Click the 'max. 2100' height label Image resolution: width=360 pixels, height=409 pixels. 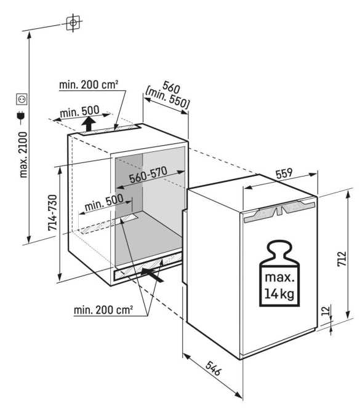click(23, 154)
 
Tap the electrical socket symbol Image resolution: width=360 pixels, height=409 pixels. click(22, 100)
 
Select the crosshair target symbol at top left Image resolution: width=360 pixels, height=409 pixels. click(73, 23)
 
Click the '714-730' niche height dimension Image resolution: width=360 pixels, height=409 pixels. click(52, 213)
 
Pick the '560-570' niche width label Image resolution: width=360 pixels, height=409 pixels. click(148, 175)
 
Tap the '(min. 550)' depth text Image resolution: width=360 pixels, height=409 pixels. click(167, 98)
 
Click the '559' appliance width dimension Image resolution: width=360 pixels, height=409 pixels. click(284, 173)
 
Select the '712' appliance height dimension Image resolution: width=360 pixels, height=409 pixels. click(342, 258)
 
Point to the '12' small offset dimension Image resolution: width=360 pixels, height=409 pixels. click(326, 311)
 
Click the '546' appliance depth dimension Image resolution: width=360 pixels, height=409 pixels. click(214, 368)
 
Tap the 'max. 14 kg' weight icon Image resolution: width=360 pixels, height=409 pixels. click(279, 273)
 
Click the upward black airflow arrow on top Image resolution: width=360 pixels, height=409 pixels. click(89, 124)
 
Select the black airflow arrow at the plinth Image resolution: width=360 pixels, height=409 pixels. click(152, 275)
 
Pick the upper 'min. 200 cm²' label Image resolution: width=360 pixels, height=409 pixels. click(89, 84)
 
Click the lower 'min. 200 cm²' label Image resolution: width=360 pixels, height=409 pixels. click(103, 310)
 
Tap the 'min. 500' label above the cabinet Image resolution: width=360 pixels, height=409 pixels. click(79, 111)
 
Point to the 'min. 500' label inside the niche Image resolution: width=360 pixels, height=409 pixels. click(104, 202)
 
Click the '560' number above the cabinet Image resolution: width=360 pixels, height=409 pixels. click(171, 87)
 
